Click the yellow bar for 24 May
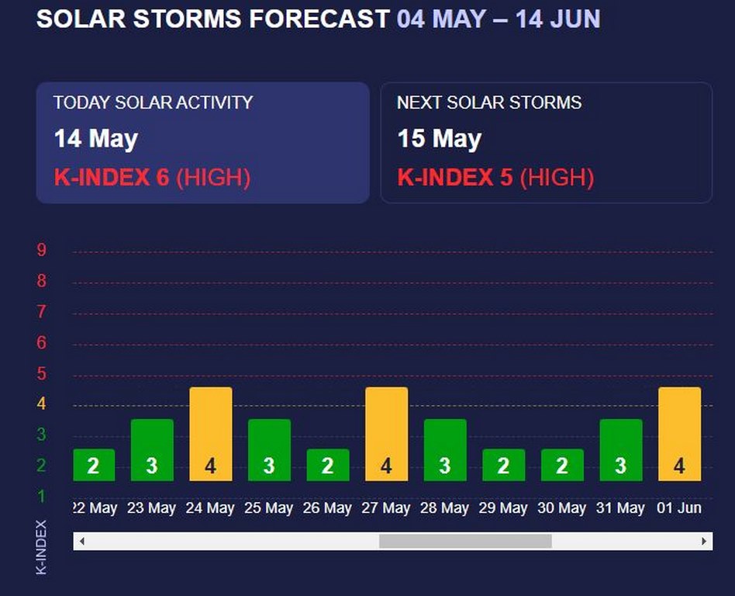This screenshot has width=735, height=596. pyautogui.click(x=211, y=434)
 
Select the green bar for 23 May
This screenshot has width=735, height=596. pyautogui.click(x=152, y=450)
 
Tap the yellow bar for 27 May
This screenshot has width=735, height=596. pyautogui.click(x=386, y=434)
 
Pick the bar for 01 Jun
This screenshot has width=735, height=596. pyautogui.click(x=679, y=434)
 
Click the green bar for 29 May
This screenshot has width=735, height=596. pyautogui.click(x=503, y=465)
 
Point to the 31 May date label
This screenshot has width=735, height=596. pyautogui.click(x=620, y=508)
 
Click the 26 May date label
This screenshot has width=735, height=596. pyautogui.click(x=327, y=508)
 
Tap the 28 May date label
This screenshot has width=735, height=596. pyautogui.click(x=444, y=508)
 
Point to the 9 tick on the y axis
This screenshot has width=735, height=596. pyautogui.click(x=42, y=250)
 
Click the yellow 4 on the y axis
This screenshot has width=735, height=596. pyautogui.click(x=42, y=404)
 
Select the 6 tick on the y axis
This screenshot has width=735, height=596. pyautogui.click(x=42, y=342)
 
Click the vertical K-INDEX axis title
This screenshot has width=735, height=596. pyautogui.click(x=42, y=547)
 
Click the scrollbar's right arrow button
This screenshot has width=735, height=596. pyautogui.click(x=704, y=541)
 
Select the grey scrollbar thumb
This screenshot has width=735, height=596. pyautogui.click(x=465, y=541)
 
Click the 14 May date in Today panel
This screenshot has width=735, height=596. pyautogui.click(x=95, y=140)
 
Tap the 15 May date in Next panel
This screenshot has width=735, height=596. pyautogui.click(x=440, y=140)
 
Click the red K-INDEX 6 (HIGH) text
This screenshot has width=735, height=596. pyautogui.click(x=152, y=178)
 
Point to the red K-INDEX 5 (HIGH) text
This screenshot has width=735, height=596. pyautogui.click(x=495, y=178)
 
